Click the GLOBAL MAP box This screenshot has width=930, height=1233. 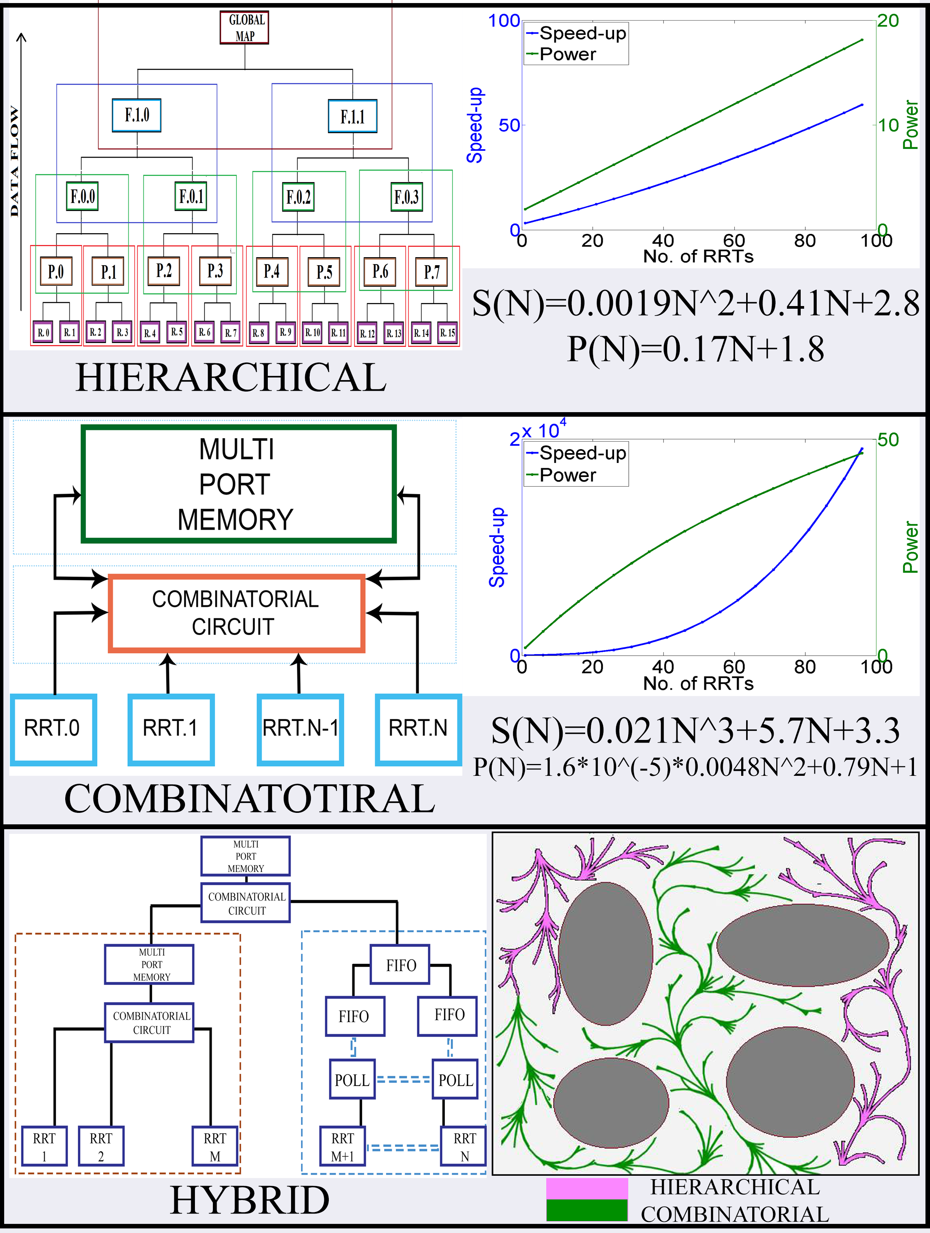click(244, 28)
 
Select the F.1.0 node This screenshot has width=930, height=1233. click(137, 115)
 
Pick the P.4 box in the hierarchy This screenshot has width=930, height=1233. click(271, 271)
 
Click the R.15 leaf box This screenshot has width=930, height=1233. click(447, 333)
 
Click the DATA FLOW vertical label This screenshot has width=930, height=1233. click(15, 162)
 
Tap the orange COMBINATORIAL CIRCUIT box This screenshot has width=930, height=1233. click(236, 613)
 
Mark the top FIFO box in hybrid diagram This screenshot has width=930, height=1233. click(400, 965)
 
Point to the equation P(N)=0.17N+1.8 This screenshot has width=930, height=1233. click(695, 350)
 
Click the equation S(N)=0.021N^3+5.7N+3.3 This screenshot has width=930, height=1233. click(695, 731)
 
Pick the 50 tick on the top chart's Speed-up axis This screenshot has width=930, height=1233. click(509, 126)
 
